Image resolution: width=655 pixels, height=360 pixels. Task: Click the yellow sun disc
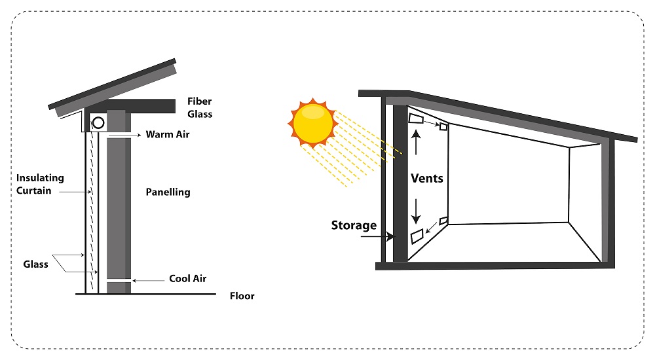point(313,123)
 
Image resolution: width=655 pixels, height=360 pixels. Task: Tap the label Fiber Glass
point(200,108)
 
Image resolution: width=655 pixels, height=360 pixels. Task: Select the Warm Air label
point(168,134)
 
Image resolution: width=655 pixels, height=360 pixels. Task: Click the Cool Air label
point(187,279)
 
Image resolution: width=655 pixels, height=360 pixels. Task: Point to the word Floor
point(242,296)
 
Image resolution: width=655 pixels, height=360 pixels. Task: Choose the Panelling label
point(168,192)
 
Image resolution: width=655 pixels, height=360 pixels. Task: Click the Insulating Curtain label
point(40,184)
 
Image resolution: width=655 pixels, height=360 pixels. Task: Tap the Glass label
point(35,264)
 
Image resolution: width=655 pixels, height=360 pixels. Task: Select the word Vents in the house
point(427,178)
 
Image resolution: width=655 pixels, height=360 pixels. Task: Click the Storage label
point(354,226)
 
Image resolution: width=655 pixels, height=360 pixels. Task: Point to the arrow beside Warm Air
point(124,135)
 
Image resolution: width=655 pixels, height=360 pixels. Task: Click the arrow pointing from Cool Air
point(148,281)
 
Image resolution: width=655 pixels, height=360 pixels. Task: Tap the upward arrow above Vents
point(416,143)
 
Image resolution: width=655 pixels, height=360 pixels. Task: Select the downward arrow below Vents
point(416,211)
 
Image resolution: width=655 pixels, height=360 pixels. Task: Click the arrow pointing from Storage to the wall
point(378,237)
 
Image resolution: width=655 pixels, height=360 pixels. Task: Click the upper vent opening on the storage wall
point(416,119)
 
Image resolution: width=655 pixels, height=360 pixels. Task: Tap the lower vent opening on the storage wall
point(417,236)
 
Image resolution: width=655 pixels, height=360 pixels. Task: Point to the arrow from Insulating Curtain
point(75,192)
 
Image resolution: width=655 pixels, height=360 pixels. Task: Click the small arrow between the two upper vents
point(432,124)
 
